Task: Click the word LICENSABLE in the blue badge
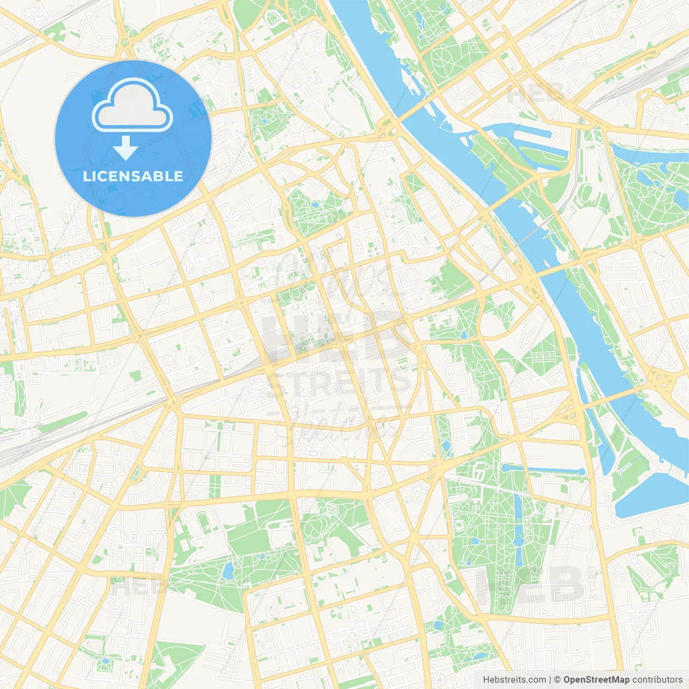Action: pyautogui.click(x=133, y=176)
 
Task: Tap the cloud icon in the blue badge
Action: pyautogui.click(x=132, y=105)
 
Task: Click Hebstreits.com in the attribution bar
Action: pyautogui.click(x=514, y=680)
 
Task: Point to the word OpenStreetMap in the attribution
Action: pyautogui.click(x=596, y=680)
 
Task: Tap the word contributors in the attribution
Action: pyautogui.click(x=657, y=680)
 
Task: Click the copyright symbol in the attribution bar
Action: pyautogui.click(x=557, y=680)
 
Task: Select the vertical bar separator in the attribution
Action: pyautogui.click(x=550, y=680)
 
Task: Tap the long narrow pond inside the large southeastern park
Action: pyautogui.click(x=518, y=530)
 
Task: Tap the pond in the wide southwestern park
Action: pyautogui.click(x=228, y=570)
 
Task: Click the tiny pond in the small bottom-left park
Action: pyautogui.click(x=106, y=660)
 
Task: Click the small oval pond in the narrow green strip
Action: pyautogui.click(x=446, y=446)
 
